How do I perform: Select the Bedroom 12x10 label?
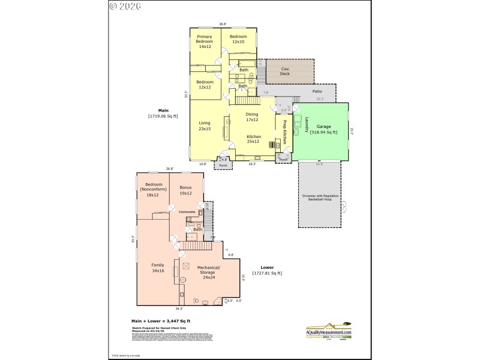[239, 39]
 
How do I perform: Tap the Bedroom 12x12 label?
[205, 84]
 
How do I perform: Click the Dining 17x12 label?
[253, 116]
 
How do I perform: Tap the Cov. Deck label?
[286, 71]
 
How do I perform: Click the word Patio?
[317, 91]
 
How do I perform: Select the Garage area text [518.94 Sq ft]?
[323, 129]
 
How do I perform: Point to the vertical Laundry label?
[306, 124]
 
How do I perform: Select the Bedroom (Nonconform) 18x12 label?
[153, 189]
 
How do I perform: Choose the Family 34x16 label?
[157, 269]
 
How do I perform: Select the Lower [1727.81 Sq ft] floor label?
[268, 271]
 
